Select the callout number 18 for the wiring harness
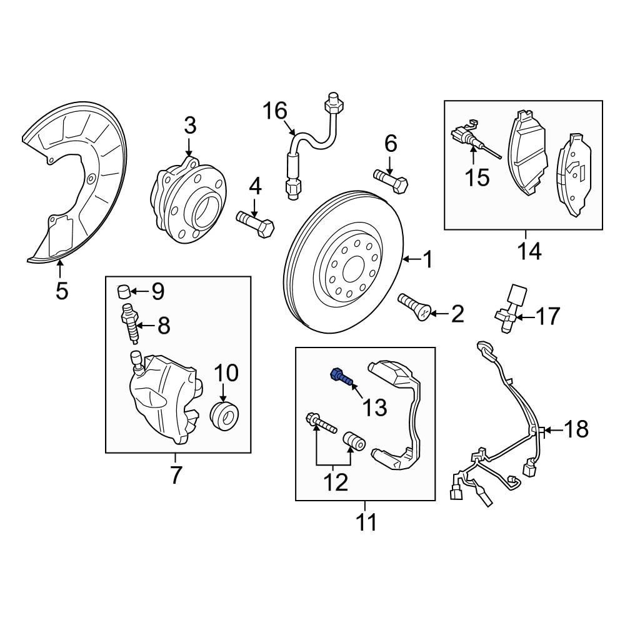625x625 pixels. (x=576, y=429)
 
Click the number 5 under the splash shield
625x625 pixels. (x=61, y=291)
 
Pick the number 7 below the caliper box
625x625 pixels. (x=176, y=475)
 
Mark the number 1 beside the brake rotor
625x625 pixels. (x=427, y=259)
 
